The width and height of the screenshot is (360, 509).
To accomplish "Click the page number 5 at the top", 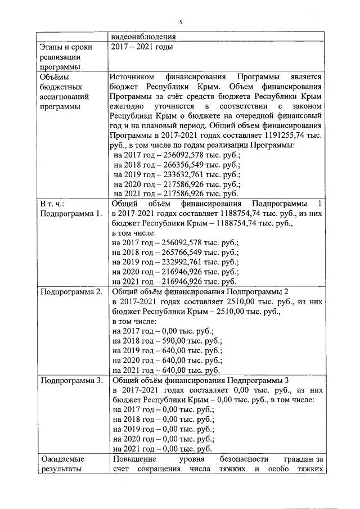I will tap(181, 22).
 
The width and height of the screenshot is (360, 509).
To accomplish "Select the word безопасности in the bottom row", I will tap(246, 458).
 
